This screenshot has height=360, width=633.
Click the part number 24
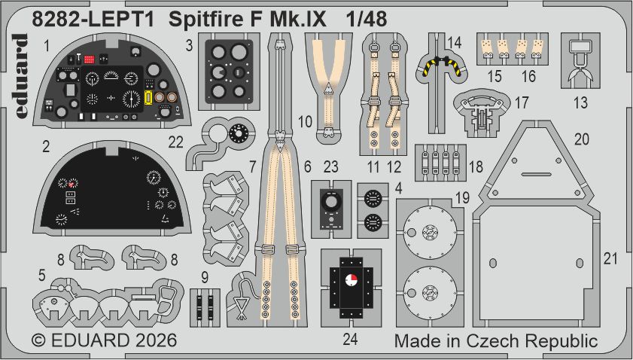coord(349,338)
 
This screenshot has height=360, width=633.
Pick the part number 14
coord(453,42)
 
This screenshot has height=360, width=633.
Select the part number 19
coord(461,197)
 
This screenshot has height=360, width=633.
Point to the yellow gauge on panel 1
coord(148,97)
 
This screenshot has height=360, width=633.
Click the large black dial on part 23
coord(330,201)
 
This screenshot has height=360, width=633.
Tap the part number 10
coord(305,121)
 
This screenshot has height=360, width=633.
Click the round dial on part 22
coord(238,134)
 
